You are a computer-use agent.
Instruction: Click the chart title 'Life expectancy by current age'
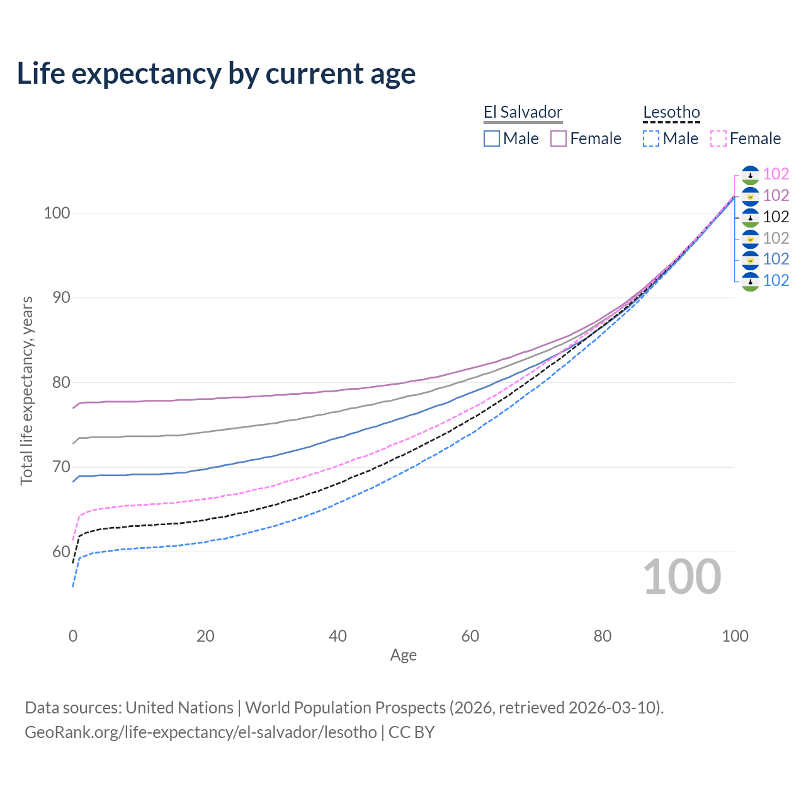click(x=216, y=73)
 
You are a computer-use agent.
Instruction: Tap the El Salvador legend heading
click(x=523, y=113)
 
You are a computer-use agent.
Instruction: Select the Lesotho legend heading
click(x=671, y=113)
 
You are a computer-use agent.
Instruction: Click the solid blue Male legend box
click(x=492, y=139)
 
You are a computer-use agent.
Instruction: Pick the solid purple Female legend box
click(x=559, y=139)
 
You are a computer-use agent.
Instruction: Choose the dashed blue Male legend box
click(x=651, y=139)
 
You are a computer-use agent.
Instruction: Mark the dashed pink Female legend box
click(x=718, y=139)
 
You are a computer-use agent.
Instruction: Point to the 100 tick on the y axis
click(x=56, y=213)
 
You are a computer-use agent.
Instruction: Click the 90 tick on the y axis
click(x=60, y=298)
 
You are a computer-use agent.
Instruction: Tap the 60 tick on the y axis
click(x=60, y=552)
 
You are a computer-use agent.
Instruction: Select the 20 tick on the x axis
click(x=205, y=636)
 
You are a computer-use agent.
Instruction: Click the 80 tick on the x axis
click(x=603, y=636)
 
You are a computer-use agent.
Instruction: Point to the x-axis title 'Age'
click(x=403, y=656)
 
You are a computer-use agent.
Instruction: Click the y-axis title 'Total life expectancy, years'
click(x=26, y=390)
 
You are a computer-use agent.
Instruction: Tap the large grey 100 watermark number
click(x=682, y=577)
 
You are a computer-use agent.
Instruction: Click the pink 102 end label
click(x=776, y=174)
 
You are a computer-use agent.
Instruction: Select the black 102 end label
click(x=776, y=217)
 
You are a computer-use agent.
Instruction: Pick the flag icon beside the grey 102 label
click(x=750, y=238)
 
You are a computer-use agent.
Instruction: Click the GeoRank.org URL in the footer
click(x=200, y=732)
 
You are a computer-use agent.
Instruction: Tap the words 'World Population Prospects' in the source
click(x=345, y=708)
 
